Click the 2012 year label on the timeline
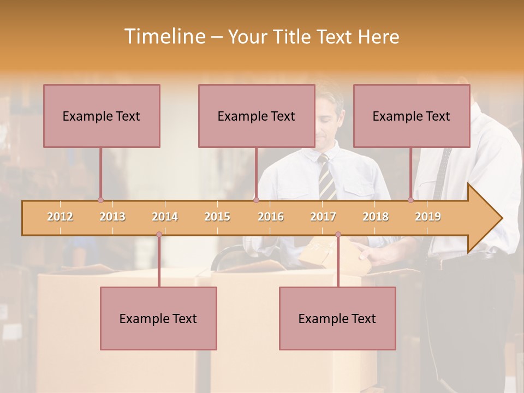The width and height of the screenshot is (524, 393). coord(60,217)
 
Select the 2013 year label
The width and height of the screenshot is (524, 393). coord(112,217)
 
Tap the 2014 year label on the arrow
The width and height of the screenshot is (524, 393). coord(165,217)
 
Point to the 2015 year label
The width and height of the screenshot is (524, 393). coord(217,217)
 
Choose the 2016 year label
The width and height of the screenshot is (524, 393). coord(271,217)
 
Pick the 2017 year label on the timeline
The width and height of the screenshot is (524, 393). coord(323,217)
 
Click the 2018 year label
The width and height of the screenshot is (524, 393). coord(376,217)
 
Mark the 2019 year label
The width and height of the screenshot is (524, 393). coord(428,217)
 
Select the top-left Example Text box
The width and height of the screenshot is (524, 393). coord(102,116)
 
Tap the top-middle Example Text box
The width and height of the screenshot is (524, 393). coord(257,116)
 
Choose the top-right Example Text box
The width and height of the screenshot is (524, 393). coord(412,116)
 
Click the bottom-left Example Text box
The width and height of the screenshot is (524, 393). coord(158,318)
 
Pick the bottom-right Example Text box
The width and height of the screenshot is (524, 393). coord(337,318)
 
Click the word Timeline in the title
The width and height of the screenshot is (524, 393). coord(164,37)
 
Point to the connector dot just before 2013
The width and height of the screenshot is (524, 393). coord(100,200)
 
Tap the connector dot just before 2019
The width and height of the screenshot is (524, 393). coord(411,200)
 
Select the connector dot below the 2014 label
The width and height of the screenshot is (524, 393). coord(159,235)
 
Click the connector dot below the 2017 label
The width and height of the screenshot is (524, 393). coord(338,235)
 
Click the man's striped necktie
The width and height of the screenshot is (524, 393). coord(327,177)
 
